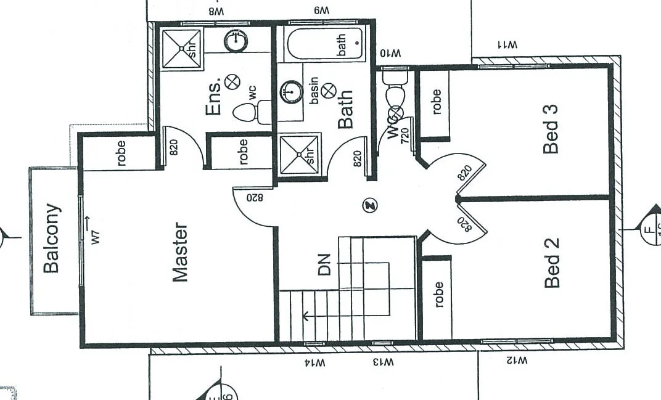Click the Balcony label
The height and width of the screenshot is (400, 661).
52,238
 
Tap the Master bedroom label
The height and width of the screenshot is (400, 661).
179,252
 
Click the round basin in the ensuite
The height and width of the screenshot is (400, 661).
235,41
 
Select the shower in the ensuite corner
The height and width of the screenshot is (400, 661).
178,47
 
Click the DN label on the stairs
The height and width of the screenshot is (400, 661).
325,264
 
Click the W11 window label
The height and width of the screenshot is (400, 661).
507,45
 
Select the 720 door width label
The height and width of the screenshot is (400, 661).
404,136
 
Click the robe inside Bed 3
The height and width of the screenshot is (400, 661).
437,102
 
